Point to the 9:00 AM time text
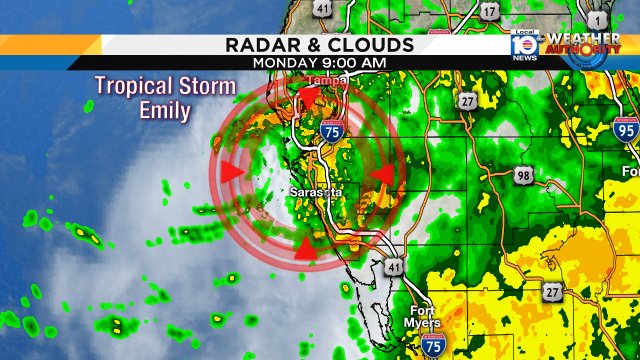351,63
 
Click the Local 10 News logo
524,46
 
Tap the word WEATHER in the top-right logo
582,39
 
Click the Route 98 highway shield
523,175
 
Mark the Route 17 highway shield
489,12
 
